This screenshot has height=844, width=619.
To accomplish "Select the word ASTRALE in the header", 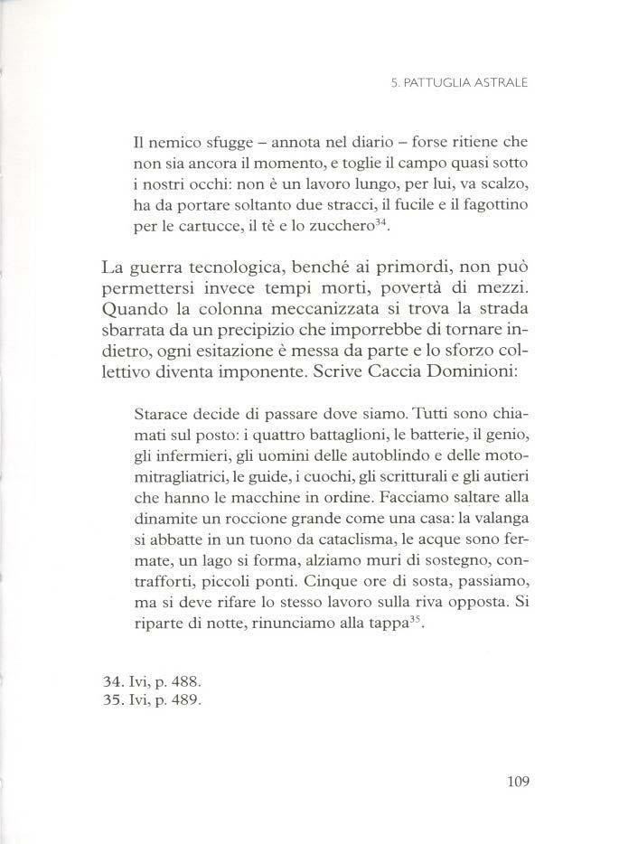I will pyautogui.click(x=497, y=87).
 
